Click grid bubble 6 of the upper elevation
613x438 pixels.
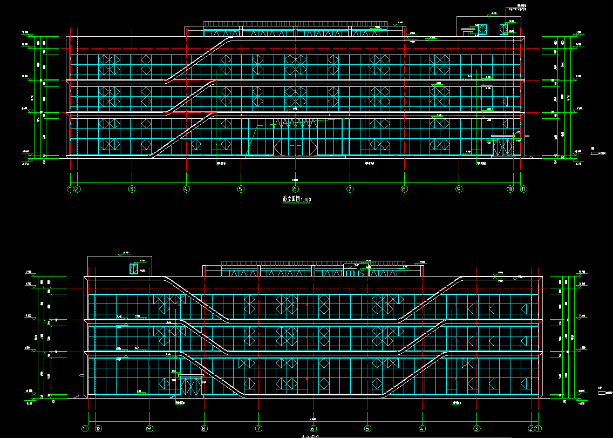295,189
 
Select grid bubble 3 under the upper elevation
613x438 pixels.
131,189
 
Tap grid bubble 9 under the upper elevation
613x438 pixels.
459,189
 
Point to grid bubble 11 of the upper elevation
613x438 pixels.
523,189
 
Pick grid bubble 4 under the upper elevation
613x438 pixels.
186,189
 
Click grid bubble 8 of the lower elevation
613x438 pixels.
204,429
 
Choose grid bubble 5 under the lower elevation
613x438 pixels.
367,429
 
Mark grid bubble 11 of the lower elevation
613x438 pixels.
85,429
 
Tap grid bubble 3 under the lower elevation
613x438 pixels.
476,429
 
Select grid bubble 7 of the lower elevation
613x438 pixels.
258,429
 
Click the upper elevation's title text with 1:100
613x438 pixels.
296,199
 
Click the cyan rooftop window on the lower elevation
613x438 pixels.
133,268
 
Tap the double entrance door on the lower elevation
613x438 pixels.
190,386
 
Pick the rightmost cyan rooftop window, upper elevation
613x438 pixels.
505,29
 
